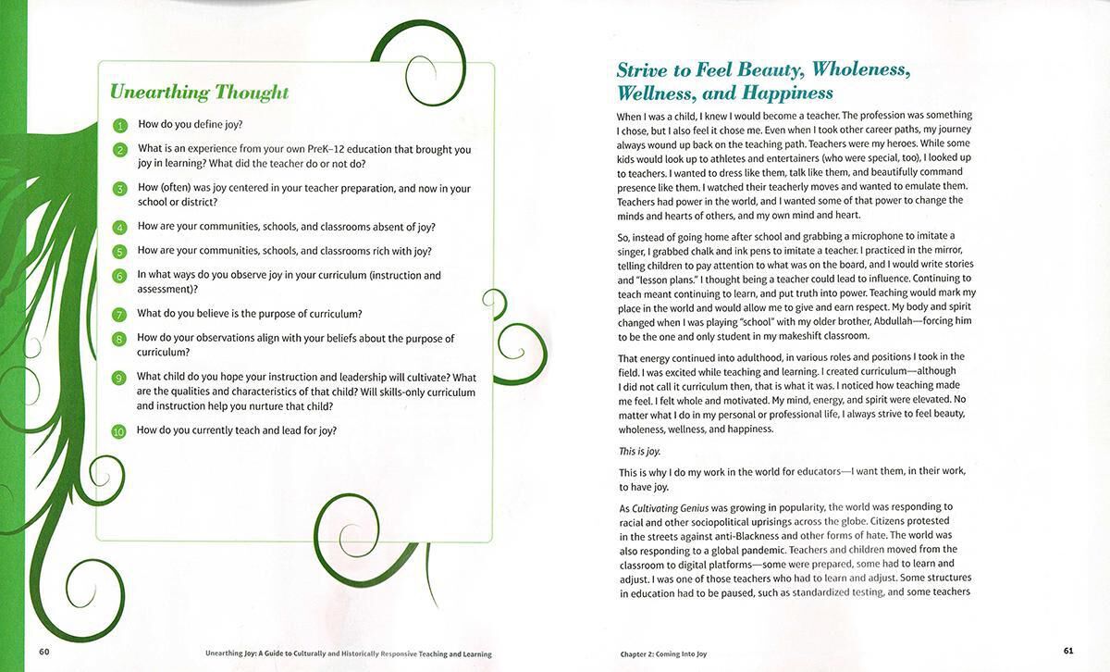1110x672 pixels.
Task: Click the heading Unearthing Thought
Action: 199,93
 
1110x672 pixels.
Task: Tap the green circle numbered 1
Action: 119,125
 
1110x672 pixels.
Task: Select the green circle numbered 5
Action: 119,252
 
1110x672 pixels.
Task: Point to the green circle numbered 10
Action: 118,431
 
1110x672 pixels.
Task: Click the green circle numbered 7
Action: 119,315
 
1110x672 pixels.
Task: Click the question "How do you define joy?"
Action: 191,124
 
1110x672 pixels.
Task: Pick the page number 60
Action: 43,651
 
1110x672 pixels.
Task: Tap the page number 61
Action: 1067,651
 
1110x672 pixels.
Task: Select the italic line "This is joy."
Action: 638,451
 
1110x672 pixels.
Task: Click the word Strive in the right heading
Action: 645,70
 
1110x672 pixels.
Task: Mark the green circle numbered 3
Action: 119,189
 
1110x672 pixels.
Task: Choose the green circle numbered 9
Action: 119,379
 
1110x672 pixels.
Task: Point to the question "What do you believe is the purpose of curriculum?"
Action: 250,314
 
